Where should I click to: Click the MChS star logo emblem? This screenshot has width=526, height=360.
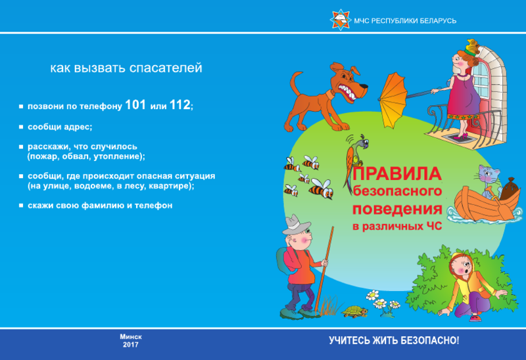(341, 20)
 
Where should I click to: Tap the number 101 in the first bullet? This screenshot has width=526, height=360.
(135, 105)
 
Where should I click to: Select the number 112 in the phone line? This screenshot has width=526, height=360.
(180, 105)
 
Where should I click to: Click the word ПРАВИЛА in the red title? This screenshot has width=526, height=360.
(396, 173)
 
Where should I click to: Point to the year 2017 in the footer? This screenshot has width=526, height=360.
(130, 345)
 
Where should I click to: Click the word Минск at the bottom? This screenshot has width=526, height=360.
(131, 336)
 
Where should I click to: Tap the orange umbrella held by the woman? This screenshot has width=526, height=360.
(393, 100)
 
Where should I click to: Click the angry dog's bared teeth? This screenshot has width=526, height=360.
(348, 92)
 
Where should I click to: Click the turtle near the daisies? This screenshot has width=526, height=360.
(354, 311)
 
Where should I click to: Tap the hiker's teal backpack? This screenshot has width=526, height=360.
(285, 260)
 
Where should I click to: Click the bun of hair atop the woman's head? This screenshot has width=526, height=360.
(472, 47)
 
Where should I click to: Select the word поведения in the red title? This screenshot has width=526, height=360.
(397, 209)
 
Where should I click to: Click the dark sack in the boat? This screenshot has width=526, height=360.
(507, 189)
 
